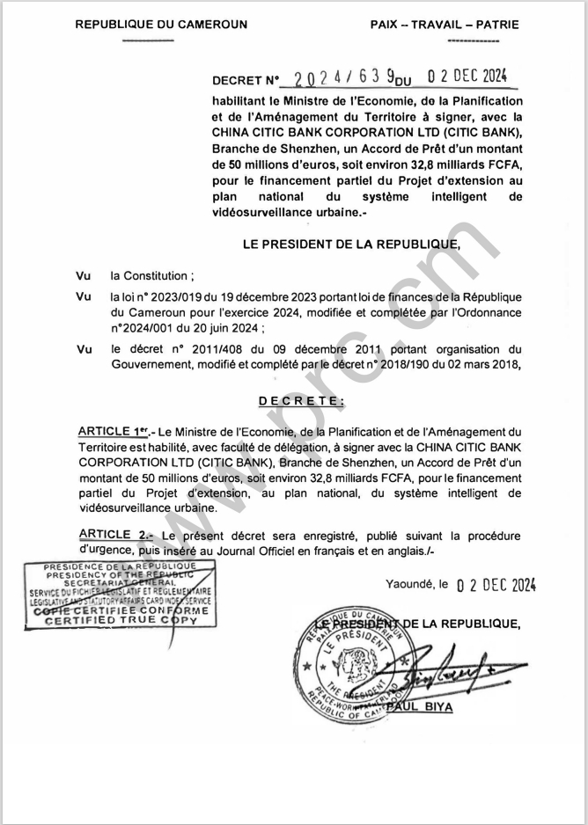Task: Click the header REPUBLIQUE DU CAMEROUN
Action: pyautogui.click(x=161, y=25)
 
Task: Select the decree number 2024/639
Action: pyautogui.click(x=344, y=78)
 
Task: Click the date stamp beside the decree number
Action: pyautogui.click(x=467, y=77)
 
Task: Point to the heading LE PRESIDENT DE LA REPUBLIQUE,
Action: pyautogui.click(x=351, y=244)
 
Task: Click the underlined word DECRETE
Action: pyautogui.click(x=302, y=401)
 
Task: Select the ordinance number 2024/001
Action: pyautogui.click(x=147, y=327)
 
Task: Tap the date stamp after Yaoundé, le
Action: pyautogui.click(x=496, y=585)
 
